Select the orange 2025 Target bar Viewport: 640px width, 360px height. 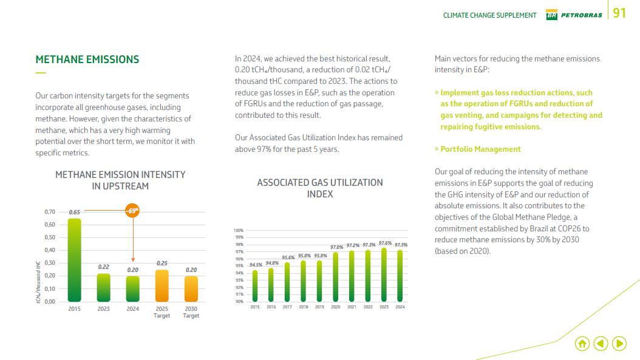162,285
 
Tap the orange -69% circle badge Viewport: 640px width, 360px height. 132,211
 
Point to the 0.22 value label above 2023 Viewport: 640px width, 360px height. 103,267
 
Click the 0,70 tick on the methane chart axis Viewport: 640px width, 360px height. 50,212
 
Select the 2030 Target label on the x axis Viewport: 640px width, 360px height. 191,312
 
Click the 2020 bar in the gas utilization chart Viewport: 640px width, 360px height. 336,276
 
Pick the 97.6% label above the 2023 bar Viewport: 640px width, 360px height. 384,243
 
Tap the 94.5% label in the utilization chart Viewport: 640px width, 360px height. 256,265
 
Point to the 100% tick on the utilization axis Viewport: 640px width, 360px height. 239,231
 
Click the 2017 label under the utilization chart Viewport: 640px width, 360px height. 287,307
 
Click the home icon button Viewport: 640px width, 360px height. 582,344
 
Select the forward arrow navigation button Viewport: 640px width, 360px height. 619,344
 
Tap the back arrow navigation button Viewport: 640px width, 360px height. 601,344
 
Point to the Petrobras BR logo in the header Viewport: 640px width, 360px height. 551,15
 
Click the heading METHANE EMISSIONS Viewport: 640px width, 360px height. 87,59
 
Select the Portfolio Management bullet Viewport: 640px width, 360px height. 480,149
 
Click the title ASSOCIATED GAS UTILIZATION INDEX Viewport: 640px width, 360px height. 319,188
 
